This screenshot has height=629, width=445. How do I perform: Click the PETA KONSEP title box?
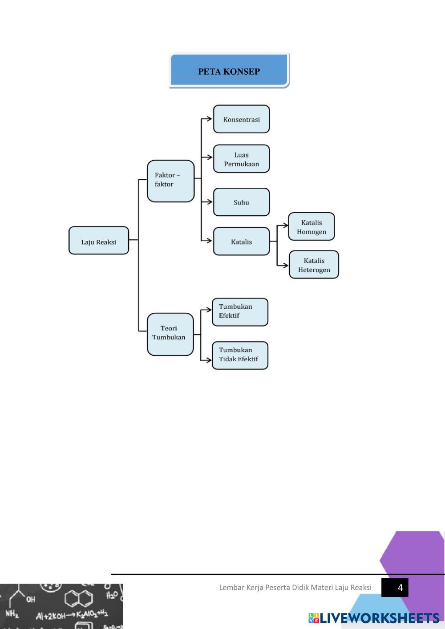pyautogui.click(x=229, y=70)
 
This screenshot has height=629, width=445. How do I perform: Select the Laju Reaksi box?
pyautogui.click(x=99, y=241)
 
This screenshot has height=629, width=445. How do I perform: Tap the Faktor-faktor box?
pyautogui.click(x=170, y=181)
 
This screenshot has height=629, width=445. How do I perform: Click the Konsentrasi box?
pyautogui.click(x=241, y=119)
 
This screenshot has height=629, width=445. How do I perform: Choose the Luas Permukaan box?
pyautogui.click(x=241, y=159)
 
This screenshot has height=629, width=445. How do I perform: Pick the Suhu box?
pyautogui.click(x=241, y=202)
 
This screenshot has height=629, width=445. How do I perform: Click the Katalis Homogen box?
pyautogui.click(x=311, y=226)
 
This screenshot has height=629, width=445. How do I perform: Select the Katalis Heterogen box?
pyautogui.click(x=314, y=265)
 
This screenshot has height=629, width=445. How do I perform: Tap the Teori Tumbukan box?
pyautogui.click(x=170, y=334)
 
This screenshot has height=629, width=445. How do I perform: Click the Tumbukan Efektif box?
pyautogui.click(x=240, y=312)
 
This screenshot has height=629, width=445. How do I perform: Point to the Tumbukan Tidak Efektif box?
pyautogui.click(x=240, y=355)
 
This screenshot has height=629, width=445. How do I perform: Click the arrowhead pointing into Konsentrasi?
pyautogui.click(x=210, y=119)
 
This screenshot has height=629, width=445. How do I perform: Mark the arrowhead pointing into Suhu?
pyautogui.click(x=210, y=202)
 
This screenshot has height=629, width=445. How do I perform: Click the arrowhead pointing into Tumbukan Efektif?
pyautogui.click(x=209, y=310)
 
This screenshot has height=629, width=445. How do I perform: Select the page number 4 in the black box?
pyautogui.click(x=400, y=588)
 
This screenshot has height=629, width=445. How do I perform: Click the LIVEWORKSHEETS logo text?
pyautogui.click(x=379, y=618)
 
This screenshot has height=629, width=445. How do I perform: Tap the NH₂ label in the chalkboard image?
pyautogui.click(x=12, y=614)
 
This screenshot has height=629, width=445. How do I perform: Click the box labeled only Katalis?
pyautogui.click(x=241, y=242)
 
